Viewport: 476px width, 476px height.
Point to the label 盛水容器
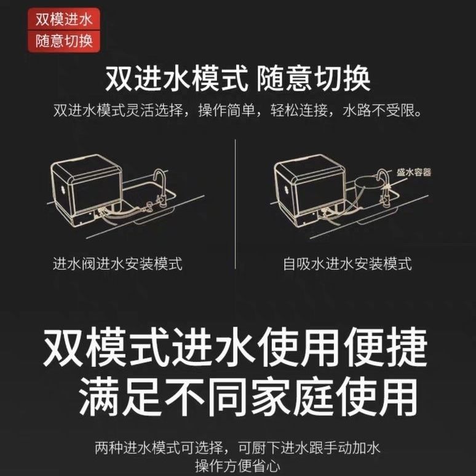click(x=415, y=172)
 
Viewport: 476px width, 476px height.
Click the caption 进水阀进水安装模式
click(x=117, y=264)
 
